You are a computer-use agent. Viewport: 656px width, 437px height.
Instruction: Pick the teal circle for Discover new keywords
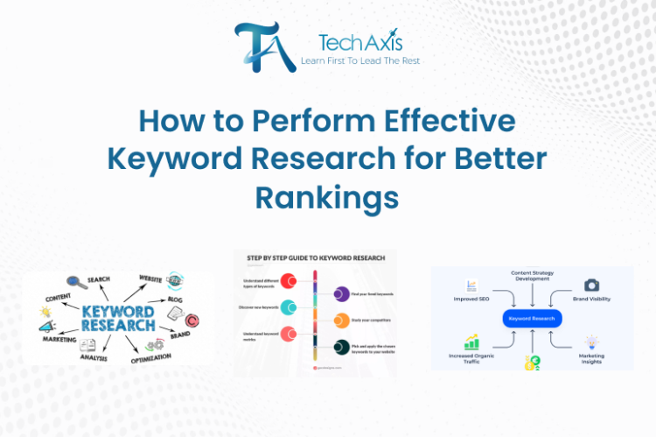[x=288, y=307]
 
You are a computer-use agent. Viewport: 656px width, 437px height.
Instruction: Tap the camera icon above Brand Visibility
[x=591, y=285]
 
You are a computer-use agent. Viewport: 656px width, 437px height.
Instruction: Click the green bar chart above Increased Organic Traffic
[x=473, y=341]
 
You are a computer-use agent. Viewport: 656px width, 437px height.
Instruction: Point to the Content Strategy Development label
[x=532, y=278]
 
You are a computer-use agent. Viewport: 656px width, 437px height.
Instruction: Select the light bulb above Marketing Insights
[x=591, y=342]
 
